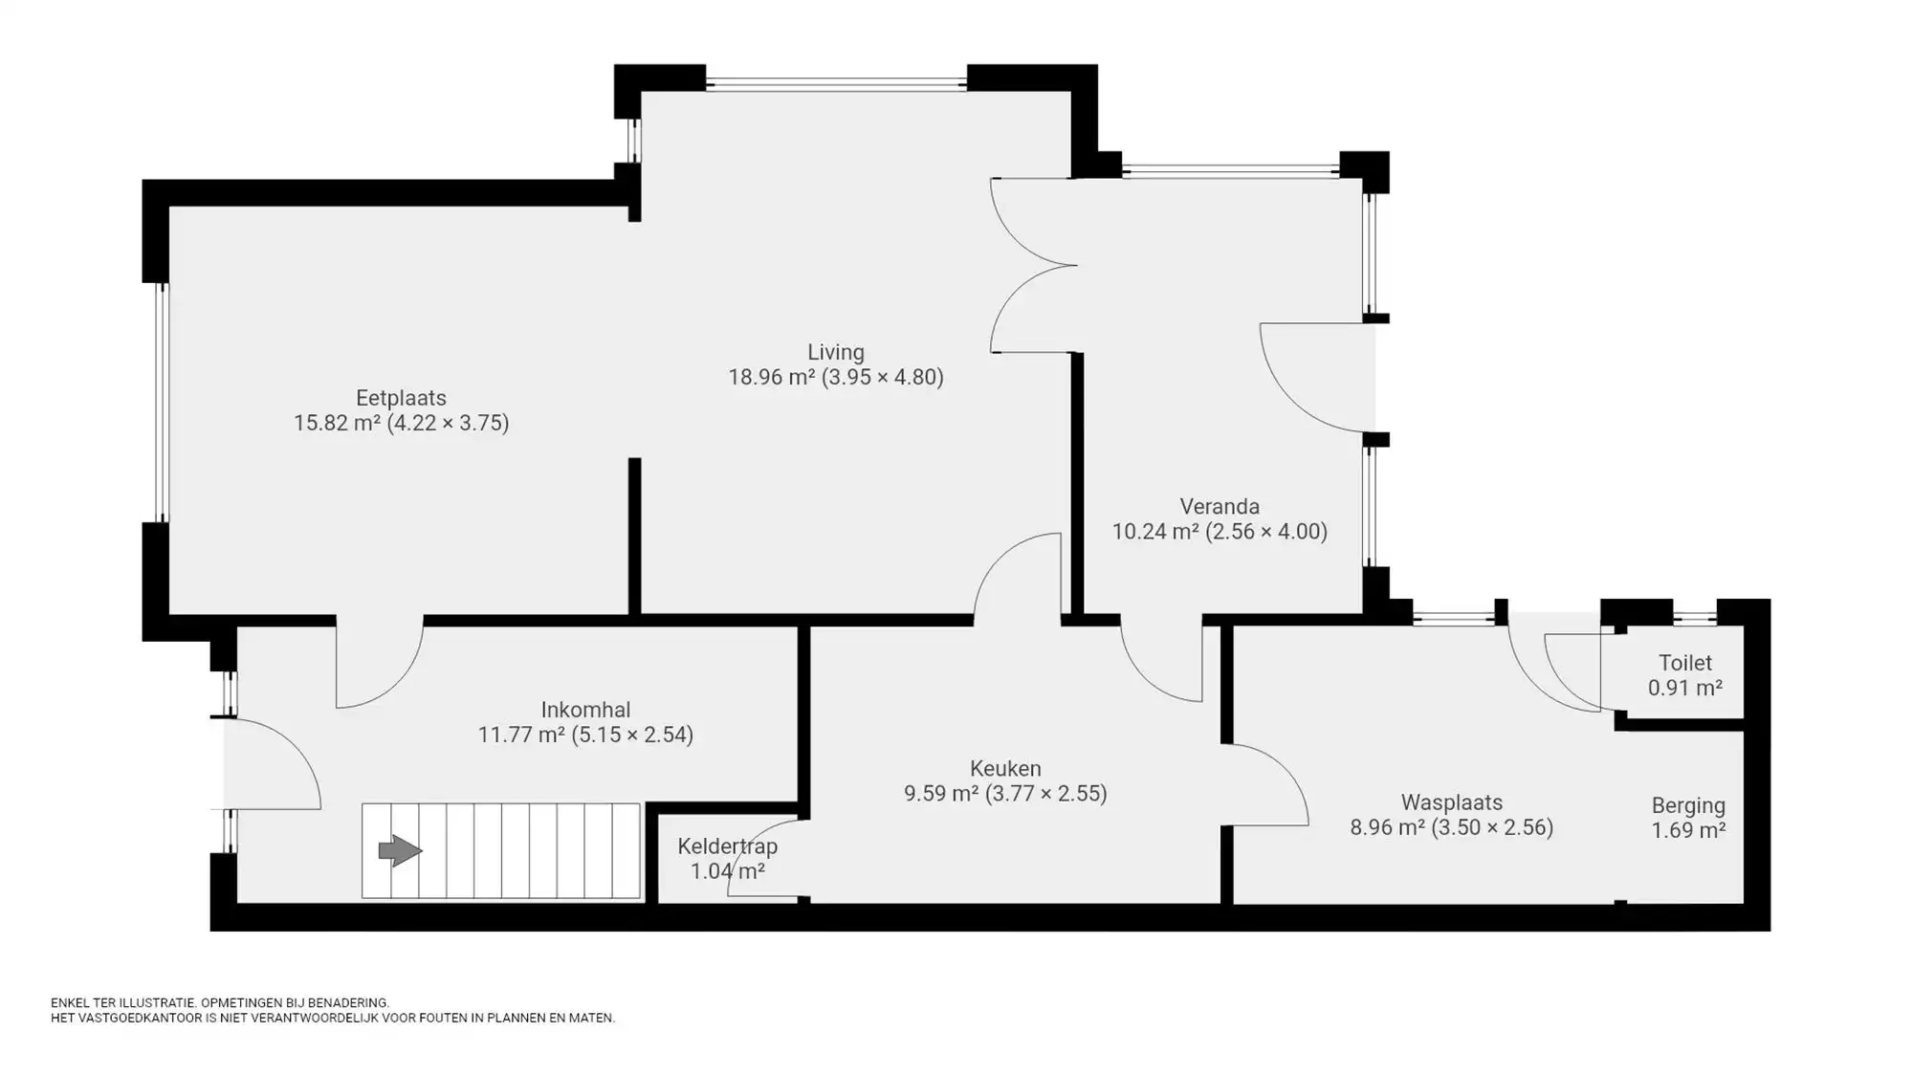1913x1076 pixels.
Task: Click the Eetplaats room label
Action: pos(401,398)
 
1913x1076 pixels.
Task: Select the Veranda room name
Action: pos(1219,506)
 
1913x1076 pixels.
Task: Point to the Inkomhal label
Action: pos(585,710)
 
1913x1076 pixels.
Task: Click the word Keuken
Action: pos(1004,768)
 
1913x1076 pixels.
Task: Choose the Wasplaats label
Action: pos(1451,802)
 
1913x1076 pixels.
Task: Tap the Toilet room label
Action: pos(1684,663)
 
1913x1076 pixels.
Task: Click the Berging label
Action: pos(1688,805)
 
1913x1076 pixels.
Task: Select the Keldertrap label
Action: pos(727,846)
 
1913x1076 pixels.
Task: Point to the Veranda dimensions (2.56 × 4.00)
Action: pos(1265,531)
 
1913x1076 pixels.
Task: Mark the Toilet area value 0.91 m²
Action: pos(1684,688)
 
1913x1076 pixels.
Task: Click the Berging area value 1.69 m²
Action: pos(1688,830)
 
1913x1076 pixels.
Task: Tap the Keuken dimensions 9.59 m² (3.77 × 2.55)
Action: pos(1004,793)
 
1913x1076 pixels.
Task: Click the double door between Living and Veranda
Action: pos(1033,265)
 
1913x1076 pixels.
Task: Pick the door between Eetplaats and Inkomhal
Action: pos(380,665)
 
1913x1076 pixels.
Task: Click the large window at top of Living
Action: pos(836,84)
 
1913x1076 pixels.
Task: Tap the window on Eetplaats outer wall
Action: pos(162,403)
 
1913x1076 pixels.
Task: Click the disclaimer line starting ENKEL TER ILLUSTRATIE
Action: pos(220,1002)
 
